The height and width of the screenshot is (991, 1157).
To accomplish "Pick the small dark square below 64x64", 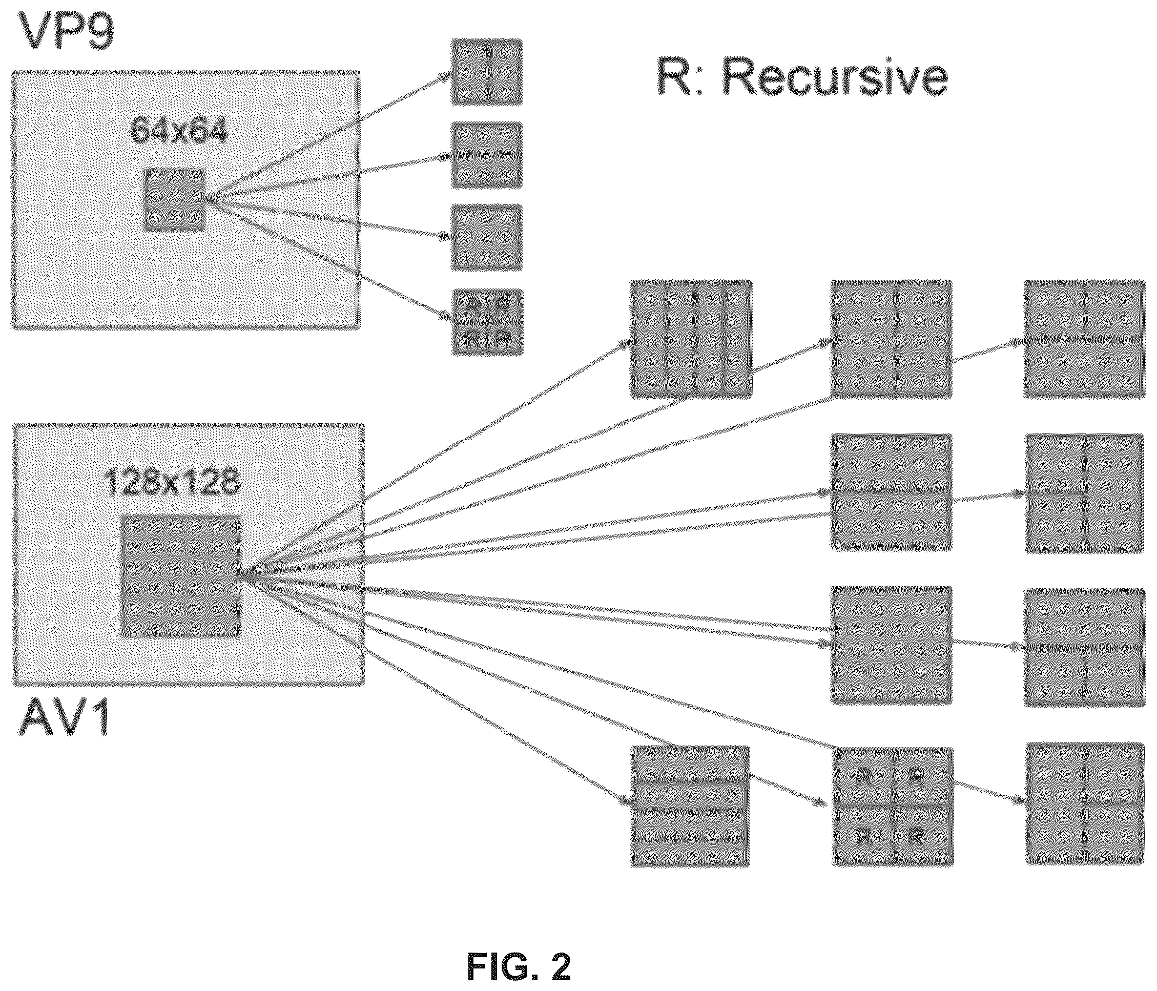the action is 175,200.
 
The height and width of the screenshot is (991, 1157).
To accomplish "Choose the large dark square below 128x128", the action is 181,575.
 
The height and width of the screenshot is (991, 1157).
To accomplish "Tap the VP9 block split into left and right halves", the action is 486,71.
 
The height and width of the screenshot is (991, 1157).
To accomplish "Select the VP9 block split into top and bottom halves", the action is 486,155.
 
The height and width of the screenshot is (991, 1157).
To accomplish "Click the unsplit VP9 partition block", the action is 486,238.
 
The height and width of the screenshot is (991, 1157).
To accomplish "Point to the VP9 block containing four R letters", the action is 486,322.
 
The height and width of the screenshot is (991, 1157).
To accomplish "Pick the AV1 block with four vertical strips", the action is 691,339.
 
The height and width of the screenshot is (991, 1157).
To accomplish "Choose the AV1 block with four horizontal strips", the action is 690,806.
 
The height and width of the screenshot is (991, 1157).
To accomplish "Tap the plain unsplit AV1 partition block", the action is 891,645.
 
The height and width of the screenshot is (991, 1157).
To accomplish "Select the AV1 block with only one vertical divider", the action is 891,339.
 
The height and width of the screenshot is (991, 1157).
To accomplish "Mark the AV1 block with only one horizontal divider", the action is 891,492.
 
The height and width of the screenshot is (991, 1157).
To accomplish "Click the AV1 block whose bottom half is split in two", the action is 1085,648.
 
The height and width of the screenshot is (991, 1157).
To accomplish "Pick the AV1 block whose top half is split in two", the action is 1084,339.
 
